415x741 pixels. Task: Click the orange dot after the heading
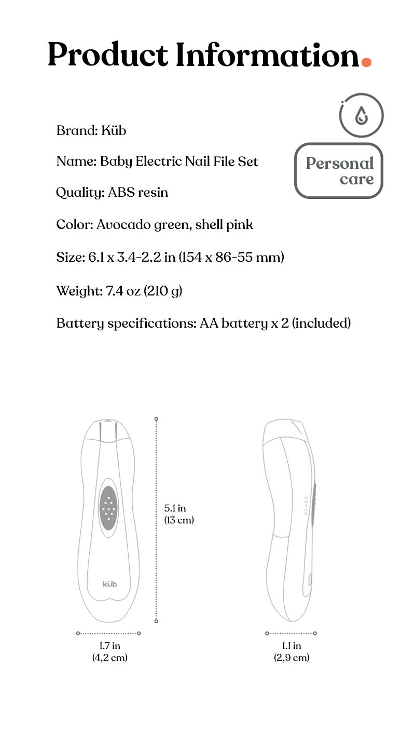click(x=366, y=62)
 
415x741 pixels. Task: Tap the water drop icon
click(x=361, y=116)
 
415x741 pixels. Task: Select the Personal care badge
click(x=339, y=171)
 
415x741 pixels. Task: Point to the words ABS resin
click(x=138, y=193)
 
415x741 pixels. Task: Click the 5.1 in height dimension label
click(x=175, y=508)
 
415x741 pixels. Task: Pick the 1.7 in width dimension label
click(x=109, y=646)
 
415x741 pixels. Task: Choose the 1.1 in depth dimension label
click(x=292, y=646)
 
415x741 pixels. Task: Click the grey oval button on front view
click(x=108, y=508)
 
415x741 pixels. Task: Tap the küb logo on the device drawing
click(x=109, y=584)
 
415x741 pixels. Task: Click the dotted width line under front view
click(x=108, y=633)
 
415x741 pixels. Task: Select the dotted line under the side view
click(x=291, y=633)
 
